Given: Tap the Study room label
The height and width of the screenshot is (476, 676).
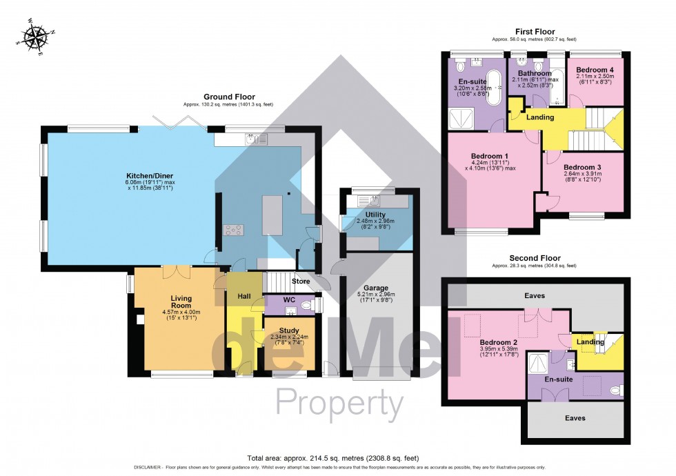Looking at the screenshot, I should click(x=290, y=330).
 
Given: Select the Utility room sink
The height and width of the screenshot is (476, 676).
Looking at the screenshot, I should click(x=373, y=201).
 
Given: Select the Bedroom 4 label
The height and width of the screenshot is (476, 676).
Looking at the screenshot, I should click(x=595, y=70).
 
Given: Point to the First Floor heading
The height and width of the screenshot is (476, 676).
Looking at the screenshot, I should click(x=535, y=32).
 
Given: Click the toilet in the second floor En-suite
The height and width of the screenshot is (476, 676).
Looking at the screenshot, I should click(x=616, y=390).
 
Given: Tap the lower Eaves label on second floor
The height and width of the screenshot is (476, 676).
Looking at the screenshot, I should click(x=575, y=418).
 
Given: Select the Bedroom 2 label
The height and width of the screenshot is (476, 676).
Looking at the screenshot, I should click(x=499, y=341).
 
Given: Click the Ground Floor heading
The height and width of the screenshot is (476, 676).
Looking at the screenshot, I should click(x=229, y=97).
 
